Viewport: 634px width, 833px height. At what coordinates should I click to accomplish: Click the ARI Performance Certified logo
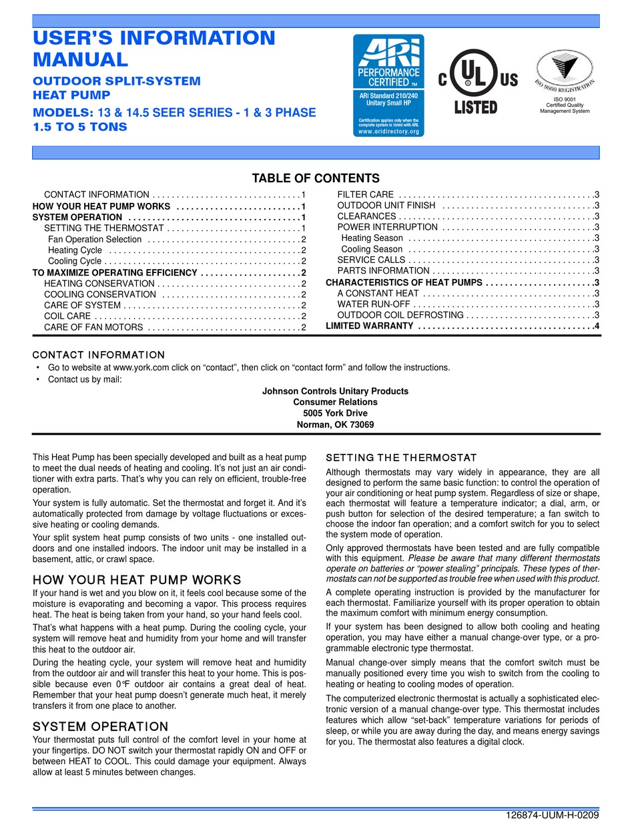[388, 85]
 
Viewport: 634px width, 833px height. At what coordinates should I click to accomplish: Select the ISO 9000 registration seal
[565, 76]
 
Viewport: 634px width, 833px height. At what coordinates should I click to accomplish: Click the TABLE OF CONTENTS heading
[316, 178]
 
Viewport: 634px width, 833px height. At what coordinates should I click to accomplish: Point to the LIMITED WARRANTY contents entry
[370, 326]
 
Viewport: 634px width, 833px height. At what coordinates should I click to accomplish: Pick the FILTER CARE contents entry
[365, 194]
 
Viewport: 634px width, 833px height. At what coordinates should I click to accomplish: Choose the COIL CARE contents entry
[67, 316]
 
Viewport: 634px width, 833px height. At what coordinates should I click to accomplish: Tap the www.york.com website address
[139, 367]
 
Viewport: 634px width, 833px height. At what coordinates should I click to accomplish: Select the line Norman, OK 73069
[335, 425]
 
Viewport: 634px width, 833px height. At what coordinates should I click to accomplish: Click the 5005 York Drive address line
[335, 413]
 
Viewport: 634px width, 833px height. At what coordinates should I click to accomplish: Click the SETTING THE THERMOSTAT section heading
[400, 457]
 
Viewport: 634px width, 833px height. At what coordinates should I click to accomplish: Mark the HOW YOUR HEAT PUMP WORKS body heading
[137, 579]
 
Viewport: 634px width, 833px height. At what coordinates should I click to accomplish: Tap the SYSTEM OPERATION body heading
[100, 726]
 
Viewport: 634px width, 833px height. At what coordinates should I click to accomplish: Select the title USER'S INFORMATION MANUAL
[153, 49]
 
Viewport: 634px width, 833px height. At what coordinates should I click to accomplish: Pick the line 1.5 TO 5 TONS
[80, 126]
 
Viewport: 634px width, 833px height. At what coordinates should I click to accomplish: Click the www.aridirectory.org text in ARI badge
[388, 131]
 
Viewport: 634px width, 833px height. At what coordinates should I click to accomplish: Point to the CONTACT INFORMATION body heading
[98, 354]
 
